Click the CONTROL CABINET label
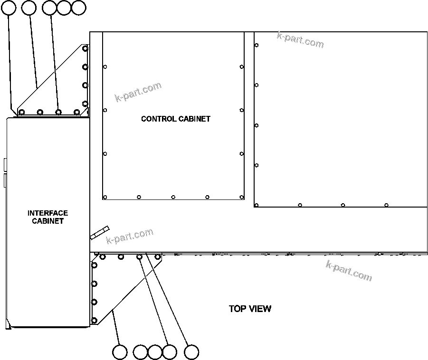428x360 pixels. click(175, 119)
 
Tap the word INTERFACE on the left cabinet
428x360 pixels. click(48, 213)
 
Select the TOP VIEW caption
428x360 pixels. click(250, 309)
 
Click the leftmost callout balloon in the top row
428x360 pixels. click(9, 7)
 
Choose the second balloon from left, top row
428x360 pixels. click(29, 7)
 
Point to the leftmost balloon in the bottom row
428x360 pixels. click(120, 352)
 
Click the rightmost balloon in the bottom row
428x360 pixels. click(191, 352)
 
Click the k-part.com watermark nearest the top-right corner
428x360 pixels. click(300, 40)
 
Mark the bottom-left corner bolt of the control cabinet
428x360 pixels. click(105, 197)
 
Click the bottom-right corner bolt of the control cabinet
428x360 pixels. click(242, 197)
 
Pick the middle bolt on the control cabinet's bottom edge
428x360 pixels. click(173, 197)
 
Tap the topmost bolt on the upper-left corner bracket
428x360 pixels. click(85, 48)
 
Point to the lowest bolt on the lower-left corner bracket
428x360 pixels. click(94, 320)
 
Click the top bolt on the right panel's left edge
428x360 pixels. click(257, 45)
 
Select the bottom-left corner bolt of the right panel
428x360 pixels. click(257, 205)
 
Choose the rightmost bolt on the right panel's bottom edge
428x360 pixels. click(386, 205)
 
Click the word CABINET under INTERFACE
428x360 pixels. click(48, 221)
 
